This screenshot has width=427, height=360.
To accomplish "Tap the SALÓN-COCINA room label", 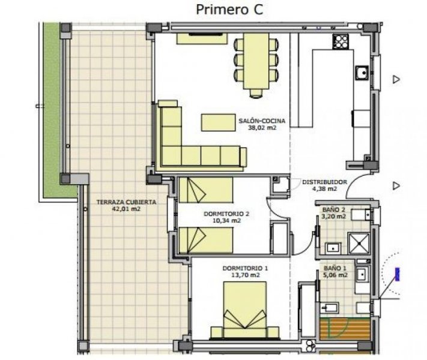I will click(x=261, y=121).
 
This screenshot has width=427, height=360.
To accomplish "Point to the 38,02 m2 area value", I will click(x=262, y=128).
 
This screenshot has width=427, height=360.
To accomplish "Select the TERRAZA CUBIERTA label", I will click(x=126, y=202).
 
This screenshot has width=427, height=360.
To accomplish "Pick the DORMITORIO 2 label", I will click(x=226, y=213).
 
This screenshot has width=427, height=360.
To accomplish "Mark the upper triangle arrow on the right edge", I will click(x=396, y=79).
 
